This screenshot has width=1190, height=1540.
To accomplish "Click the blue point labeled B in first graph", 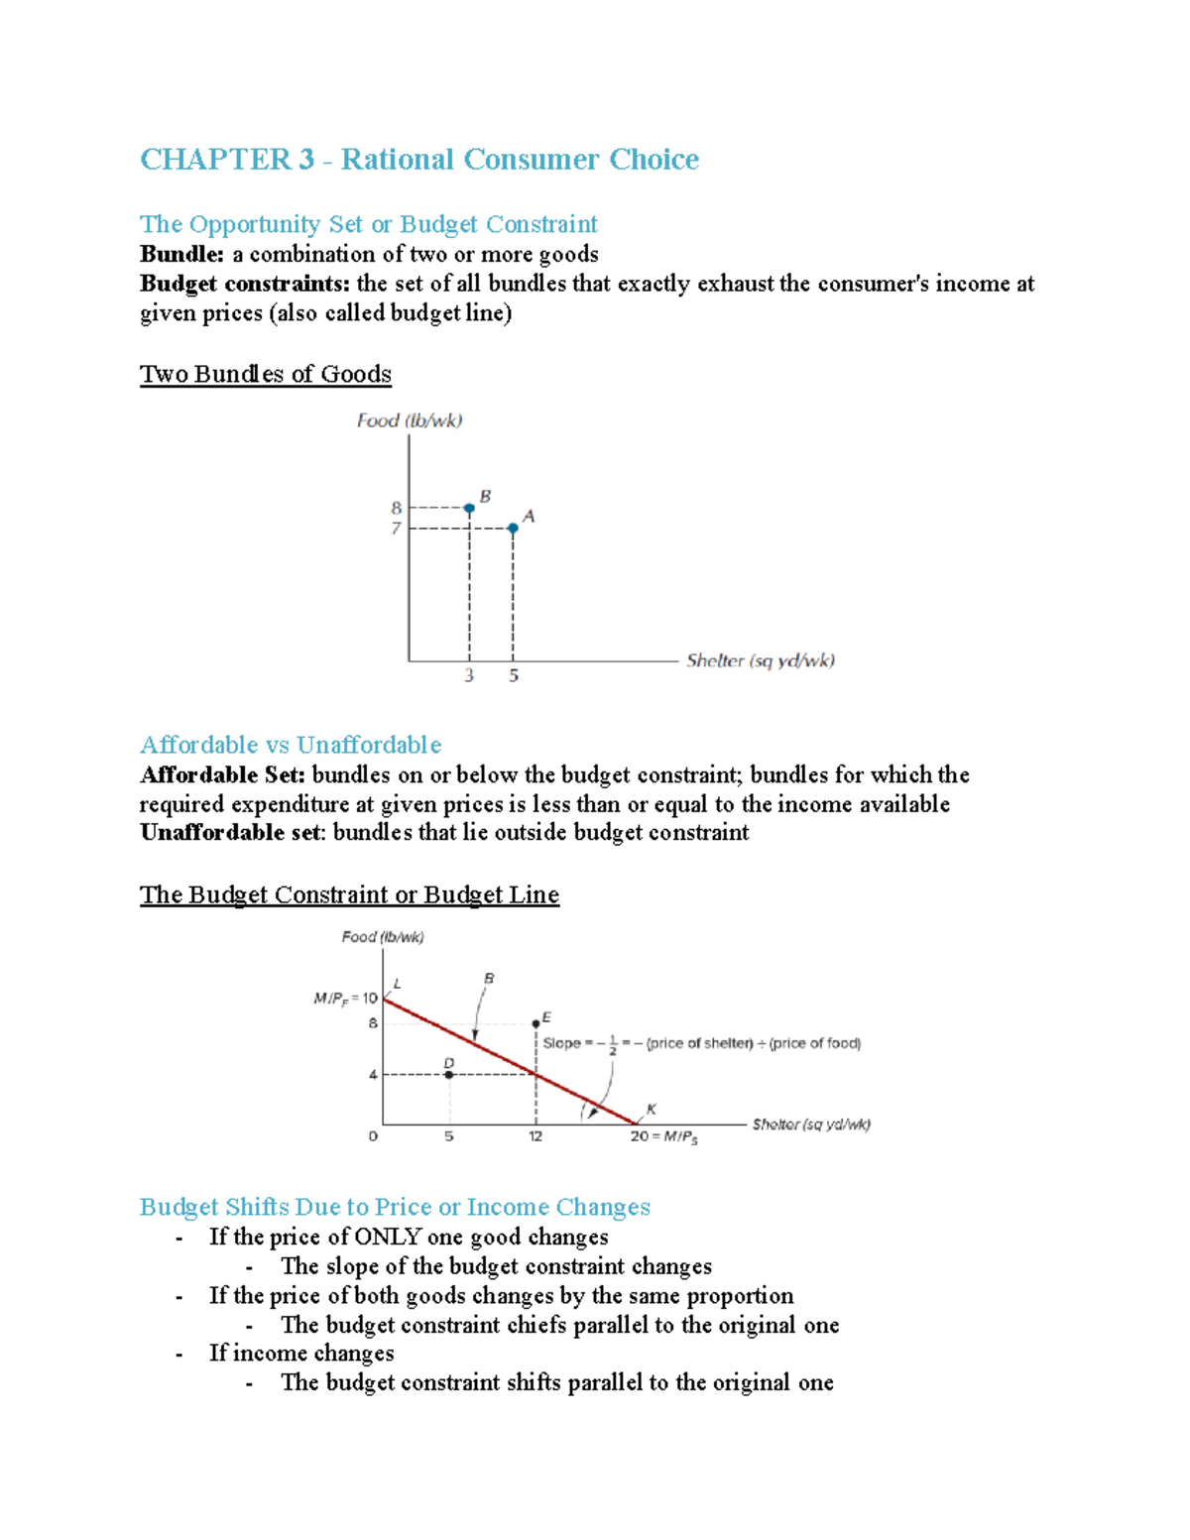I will (469, 508).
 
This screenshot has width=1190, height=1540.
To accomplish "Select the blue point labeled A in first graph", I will (513, 529).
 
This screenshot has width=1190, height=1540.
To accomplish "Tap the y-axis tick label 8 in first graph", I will (396, 508).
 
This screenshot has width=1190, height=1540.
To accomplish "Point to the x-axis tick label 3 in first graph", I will (469, 676).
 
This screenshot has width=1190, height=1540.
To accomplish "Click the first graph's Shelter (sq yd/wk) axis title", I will (760, 660).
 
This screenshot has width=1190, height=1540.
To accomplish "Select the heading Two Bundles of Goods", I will (265, 374).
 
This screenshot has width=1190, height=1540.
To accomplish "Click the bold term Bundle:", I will (181, 254).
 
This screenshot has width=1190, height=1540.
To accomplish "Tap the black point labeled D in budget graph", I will (449, 1075).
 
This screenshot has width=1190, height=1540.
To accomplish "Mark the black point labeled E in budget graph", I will (535, 1022).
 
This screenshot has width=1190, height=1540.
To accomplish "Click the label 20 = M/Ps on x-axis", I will (663, 1137).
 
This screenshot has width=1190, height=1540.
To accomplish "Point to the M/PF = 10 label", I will (345, 999).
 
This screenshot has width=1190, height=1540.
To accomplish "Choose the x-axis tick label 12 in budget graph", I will (535, 1136).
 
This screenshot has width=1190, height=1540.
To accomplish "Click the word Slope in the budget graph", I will (561, 1043).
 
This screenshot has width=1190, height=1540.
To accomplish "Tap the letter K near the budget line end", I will (652, 1110).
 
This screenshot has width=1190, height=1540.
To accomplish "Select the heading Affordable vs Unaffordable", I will (290, 745).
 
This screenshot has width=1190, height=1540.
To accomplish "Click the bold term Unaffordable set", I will (230, 832).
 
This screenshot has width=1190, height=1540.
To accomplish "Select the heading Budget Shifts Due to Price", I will (395, 1207).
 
